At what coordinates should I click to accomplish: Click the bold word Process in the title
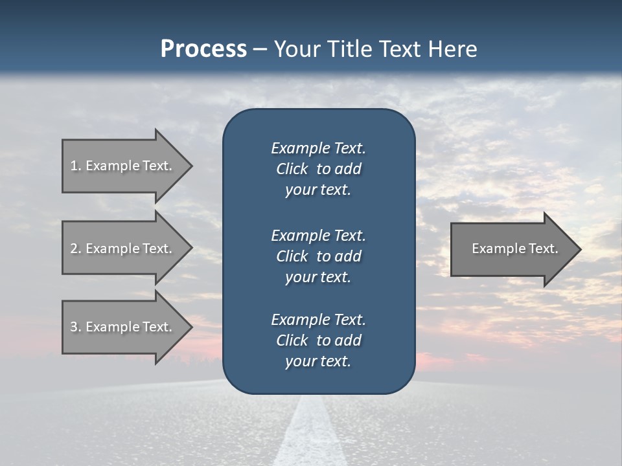coord(203,49)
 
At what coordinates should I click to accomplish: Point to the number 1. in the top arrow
coord(76,166)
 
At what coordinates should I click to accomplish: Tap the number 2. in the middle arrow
coord(76,249)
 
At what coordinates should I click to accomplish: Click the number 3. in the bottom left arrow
coord(76,327)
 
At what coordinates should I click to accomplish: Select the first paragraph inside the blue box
coord(318,169)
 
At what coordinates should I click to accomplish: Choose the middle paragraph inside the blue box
coord(318,256)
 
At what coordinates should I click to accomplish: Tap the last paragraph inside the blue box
coord(318,340)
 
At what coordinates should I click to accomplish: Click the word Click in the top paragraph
coord(292,169)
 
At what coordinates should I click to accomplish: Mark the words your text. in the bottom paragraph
coord(318,361)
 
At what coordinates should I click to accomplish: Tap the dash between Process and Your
coord(260,49)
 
